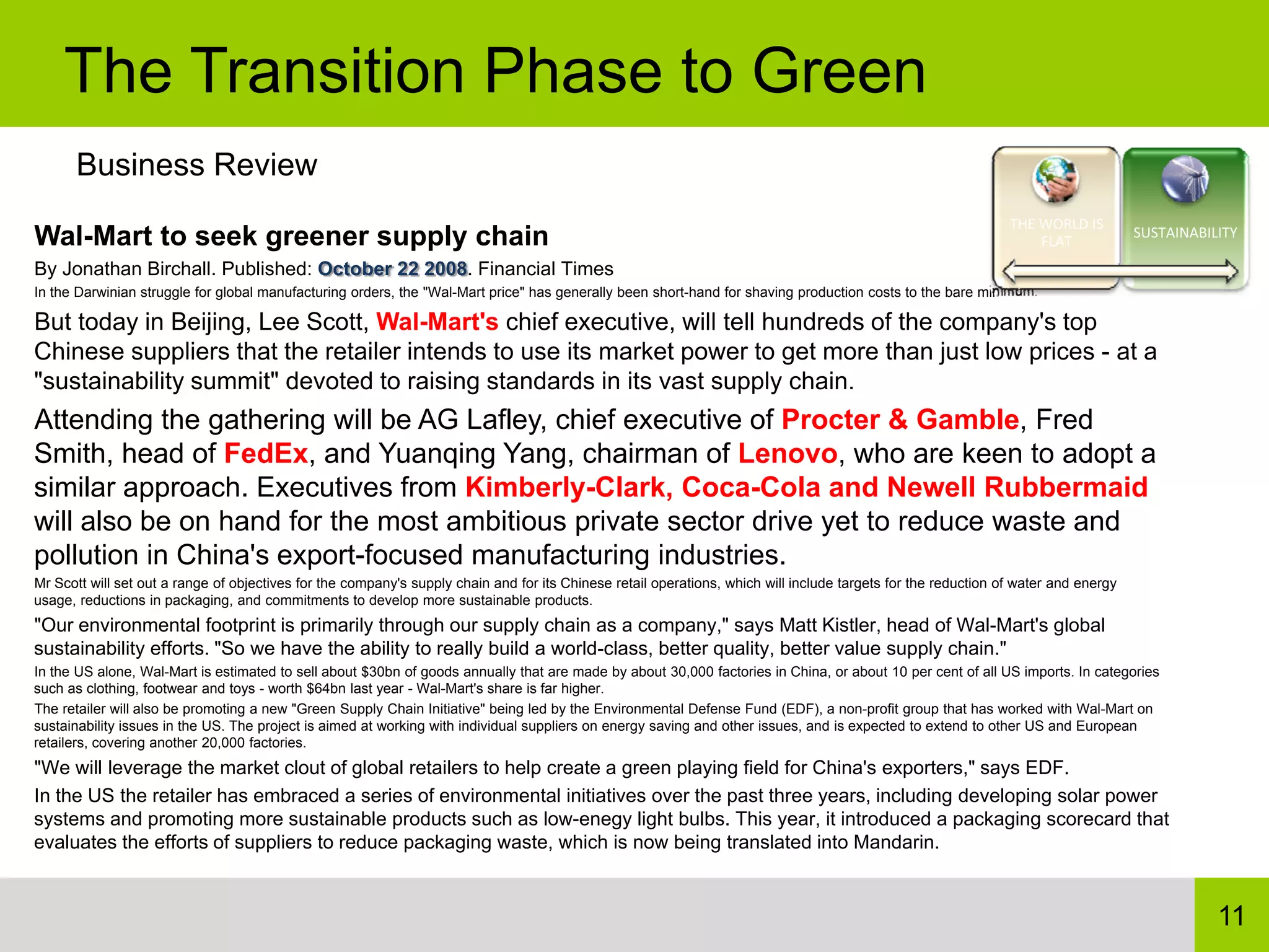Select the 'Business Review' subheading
[x=196, y=165]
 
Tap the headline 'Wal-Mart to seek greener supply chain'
[x=291, y=236]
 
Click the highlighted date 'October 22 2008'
[x=392, y=269]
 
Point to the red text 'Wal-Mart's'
[x=437, y=322]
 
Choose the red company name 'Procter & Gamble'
[x=900, y=420]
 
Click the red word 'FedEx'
[x=266, y=454]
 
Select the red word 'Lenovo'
[x=788, y=454]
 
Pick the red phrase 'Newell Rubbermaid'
[x=1017, y=487]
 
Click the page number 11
[x=1231, y=915]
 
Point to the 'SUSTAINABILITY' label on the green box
[x=1185, y=233]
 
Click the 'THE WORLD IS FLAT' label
[x=1056, y=232]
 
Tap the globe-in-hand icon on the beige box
[x=1056, y=180]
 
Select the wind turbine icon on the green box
[x=1185, y=179]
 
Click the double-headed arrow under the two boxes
[x=1120, y=271]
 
